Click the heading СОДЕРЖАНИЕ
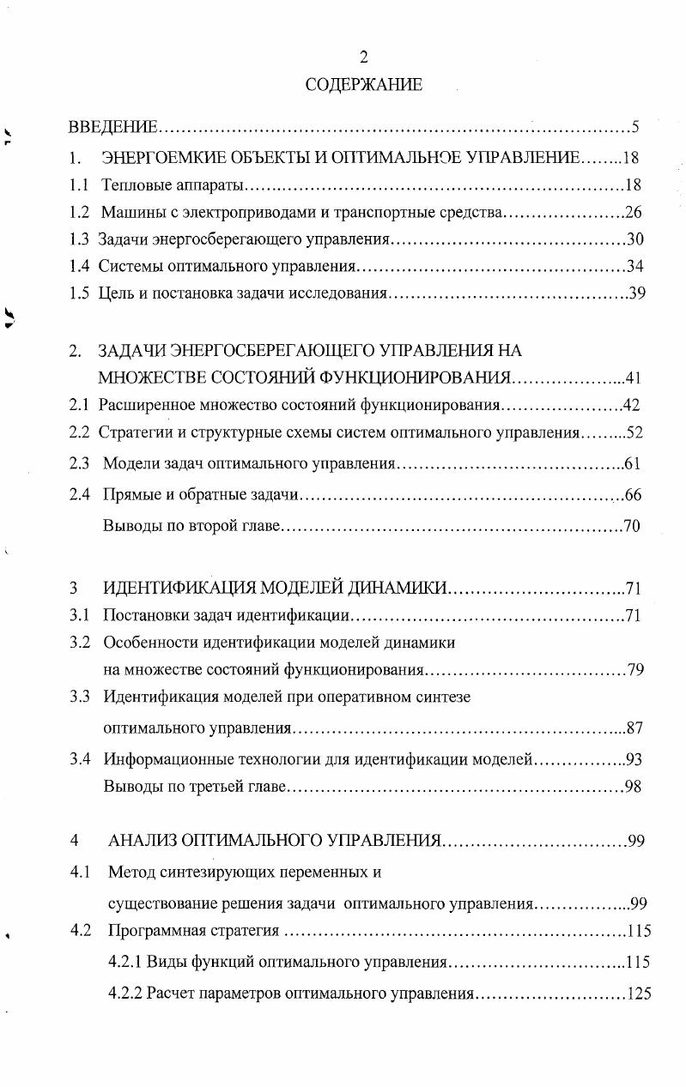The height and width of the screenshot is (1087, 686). (x=363, y=84)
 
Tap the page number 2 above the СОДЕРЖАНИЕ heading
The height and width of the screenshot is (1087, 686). (x=363, y=57)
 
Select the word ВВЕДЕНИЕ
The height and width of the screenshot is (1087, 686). (x=112, y=128)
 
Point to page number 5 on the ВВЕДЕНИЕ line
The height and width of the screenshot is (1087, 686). (x=635, y=128)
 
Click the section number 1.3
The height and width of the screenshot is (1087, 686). (x=79, y=239)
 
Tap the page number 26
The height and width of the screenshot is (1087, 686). (x=634, y=212)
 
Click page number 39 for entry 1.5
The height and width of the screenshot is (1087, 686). (x=636, y=293)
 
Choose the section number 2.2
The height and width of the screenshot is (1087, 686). (x=79, y=432)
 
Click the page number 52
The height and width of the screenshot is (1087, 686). (x=635, y=432)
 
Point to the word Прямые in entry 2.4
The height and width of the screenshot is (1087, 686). (x=130, y=495)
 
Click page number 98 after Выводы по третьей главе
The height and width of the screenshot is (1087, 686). (x=633, y=786)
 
